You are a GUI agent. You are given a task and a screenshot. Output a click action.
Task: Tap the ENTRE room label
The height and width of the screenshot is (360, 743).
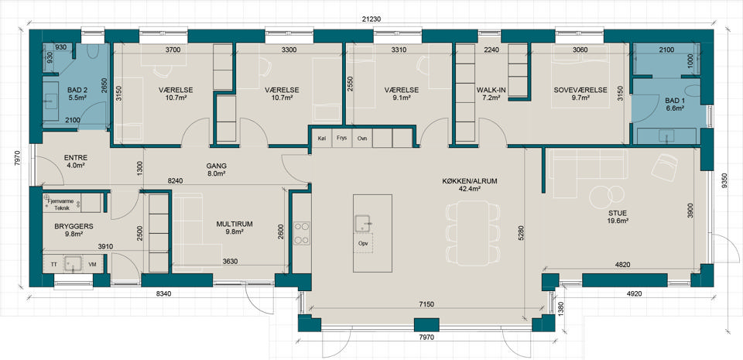[x=76, y=158]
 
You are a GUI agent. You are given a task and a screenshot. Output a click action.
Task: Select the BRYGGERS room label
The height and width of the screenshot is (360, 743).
[x=74, y=226]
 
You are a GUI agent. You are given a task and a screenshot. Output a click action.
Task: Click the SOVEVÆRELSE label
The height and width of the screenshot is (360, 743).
[x=580, y=90]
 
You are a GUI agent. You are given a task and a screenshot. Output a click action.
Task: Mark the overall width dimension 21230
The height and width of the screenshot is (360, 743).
[x=371, y=19]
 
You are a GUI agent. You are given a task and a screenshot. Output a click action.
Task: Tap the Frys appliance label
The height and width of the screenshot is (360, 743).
[x=341, y=138]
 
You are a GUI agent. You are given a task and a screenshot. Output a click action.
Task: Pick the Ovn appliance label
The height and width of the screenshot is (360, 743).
[x=362, y=138]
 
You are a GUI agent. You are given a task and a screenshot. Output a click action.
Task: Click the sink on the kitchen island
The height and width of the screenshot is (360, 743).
[x=363, y=223]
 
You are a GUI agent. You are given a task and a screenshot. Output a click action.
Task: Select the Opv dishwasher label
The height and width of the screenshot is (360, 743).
[x=362, y=243]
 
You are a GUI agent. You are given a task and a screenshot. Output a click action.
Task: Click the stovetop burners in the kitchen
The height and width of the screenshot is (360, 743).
[x=301, y=233]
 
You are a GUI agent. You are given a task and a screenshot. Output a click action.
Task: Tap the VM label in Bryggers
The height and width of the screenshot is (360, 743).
[x=92, y=264]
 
